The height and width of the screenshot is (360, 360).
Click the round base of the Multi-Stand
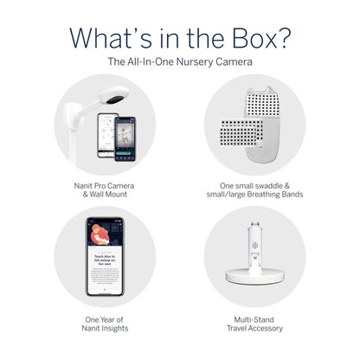pos(253,279)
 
